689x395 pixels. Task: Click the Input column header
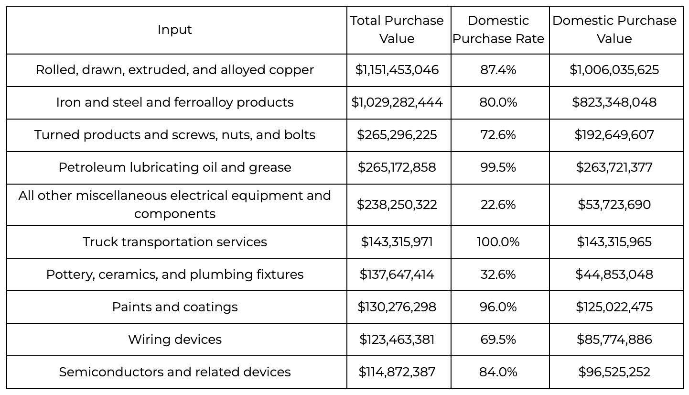(174, 30)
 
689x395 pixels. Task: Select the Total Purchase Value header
(397, 30)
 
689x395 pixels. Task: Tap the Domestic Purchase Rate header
(498, 30)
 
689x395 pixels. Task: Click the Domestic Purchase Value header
(614, 30)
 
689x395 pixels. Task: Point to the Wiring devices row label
(175, 339)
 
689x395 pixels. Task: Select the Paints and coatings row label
(175, 307)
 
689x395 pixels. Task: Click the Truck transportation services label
(175, 242)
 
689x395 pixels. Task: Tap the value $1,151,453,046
(397, 70)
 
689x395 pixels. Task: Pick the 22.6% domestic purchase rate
(498, 205)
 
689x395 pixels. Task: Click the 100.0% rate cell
(498, 242)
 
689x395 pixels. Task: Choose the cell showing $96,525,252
(614, 372)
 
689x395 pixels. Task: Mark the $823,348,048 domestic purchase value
(614, 102)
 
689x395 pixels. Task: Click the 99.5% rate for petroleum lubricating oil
(498, 167)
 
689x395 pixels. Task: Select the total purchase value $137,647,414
(397, 274)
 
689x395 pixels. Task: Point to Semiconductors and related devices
(175, 372)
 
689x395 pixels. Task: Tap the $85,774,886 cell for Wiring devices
(614, 339)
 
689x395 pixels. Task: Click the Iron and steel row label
(175, 102)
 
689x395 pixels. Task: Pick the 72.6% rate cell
(498, 135)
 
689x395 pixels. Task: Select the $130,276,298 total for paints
(397, 307)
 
